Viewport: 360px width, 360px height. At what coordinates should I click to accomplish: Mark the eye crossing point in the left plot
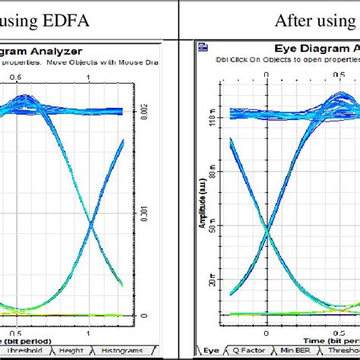point(90,225)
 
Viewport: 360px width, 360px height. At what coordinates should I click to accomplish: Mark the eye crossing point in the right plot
point(267,226)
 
